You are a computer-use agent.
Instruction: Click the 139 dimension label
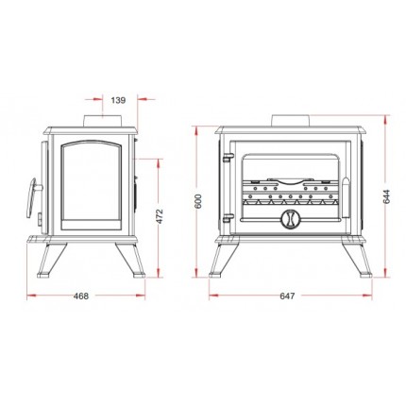tap(118, 100)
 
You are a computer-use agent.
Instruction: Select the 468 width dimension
tap(81, 296)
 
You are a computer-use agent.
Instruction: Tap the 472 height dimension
tap(161, 216)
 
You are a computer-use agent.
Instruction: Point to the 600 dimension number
tap(198, 201)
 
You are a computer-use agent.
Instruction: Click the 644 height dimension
tap(387, 196)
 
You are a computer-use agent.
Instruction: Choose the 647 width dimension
tap(287, 296)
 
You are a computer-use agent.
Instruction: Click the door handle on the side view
tap(32, 198)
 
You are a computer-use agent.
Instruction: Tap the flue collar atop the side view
tap(102, 121)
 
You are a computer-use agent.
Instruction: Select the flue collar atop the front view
tap(291, 121)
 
